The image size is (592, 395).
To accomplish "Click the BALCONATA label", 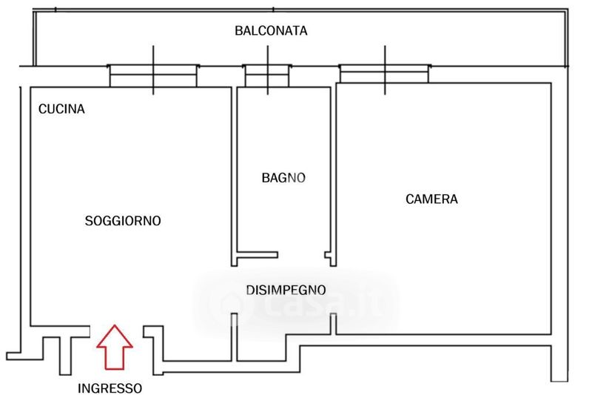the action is [x=271, y=30].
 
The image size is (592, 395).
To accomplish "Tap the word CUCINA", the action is [x=61, y=109].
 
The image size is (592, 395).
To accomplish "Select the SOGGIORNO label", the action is [x=123, y=221].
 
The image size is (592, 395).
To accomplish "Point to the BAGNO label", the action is [x=283, y=178].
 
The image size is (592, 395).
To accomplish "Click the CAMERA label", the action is [x=431, y=199].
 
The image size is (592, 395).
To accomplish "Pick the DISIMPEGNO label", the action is [x=286, y=290].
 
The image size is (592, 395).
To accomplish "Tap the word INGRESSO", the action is [x=110, y=388].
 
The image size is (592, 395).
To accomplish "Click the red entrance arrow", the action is [x=115, y=347].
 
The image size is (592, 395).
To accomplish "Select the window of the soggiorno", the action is [x=153, y=76].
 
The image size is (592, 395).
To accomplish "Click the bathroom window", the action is [x=267, y=76].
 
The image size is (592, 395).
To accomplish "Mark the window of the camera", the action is [x=385, y=73].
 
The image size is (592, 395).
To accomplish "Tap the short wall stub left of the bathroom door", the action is [x=257, y=255].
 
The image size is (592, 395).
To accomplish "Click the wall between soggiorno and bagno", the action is [x=234, y=176].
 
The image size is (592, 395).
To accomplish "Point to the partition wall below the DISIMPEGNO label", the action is [x=234, y=337].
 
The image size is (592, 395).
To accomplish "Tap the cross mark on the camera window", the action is [x=385, y=70].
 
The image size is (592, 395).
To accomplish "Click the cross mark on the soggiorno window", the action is [x=153, y=70].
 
